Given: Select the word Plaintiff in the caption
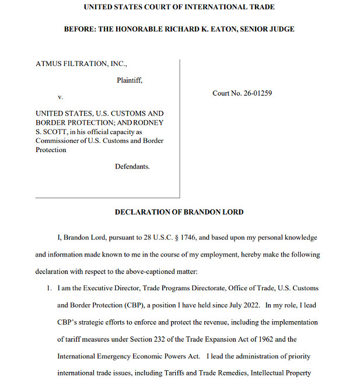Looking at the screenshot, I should click(x=129, y=80).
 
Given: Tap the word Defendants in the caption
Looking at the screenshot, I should click(x=132, y=167).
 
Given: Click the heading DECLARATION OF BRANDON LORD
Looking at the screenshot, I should click(x=179, y=212).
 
